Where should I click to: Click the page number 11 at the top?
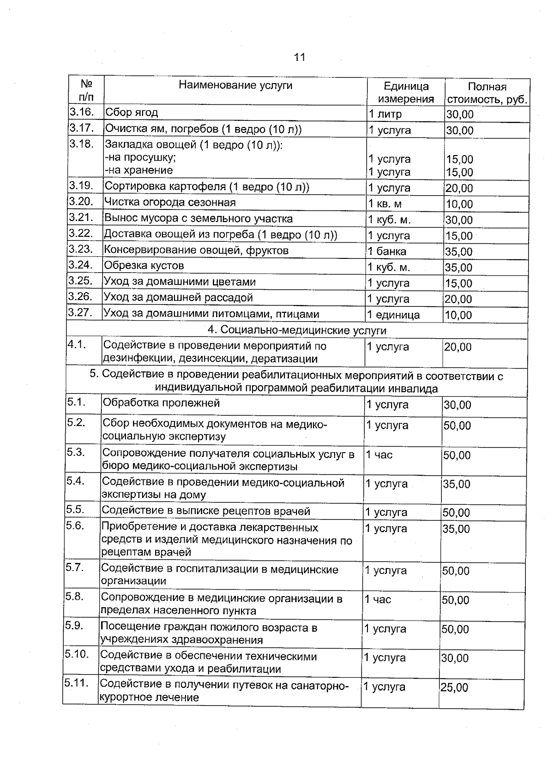point(299,57)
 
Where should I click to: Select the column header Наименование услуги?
point(235,85)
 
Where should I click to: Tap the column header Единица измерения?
point(406,92)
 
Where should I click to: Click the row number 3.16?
point(82,112)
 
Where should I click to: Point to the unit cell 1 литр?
point(385,114)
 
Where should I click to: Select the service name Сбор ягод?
point(132,112)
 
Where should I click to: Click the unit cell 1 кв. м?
point(385,204)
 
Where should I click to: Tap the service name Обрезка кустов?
point(144,266)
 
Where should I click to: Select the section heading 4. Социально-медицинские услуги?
point(297,330)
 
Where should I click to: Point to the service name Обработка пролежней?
point(161,403)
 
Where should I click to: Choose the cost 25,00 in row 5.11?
point(454,687)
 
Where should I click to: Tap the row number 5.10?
point(77,654)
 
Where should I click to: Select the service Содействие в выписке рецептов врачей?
point(205,511)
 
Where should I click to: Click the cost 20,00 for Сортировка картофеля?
point(459,188)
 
